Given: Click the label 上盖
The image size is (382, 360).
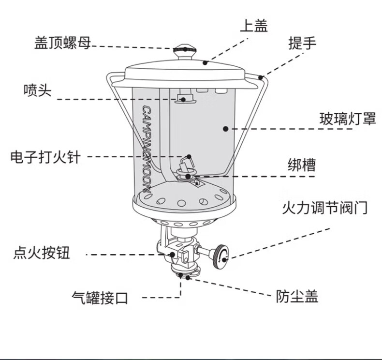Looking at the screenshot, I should (253, 26).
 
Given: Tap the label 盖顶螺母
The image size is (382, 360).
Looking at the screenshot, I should (62, 43).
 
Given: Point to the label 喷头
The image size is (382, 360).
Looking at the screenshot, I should (37, 90).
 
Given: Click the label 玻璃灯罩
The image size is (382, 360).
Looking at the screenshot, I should (347, 119).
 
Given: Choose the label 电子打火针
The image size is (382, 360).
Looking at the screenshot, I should (45, 157).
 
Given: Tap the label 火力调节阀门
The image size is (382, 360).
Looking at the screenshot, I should (324, 208).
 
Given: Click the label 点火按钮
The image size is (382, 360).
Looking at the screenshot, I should (42, 253).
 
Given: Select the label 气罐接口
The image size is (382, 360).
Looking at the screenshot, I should (100, 298).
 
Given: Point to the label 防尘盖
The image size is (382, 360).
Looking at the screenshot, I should (297, 296).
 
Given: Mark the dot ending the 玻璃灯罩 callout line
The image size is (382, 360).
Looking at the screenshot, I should (225, 129).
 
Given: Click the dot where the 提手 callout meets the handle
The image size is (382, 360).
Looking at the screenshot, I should (261, 77).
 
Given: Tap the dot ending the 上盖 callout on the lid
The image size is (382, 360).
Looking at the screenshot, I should (206, 62).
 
